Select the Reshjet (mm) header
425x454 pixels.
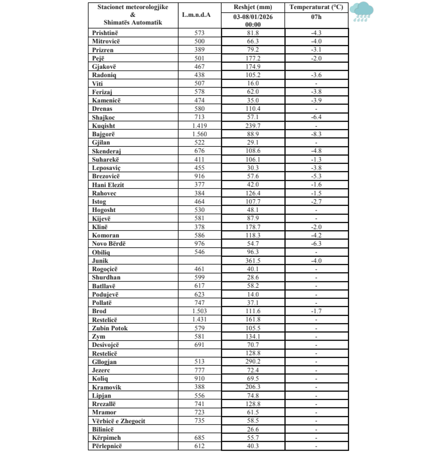coord(253,7)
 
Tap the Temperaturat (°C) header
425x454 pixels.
coord(316,7)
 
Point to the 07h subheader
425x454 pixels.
coord(316,17)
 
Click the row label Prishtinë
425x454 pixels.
coord(105,33)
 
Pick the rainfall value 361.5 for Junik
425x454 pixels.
coord(253,261)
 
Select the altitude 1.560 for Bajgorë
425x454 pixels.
coord(199,134)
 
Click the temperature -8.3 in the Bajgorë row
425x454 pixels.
coord(316,134)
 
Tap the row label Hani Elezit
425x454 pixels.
coord(108,185)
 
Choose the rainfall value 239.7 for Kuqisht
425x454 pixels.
coord(253,126)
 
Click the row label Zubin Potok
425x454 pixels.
coord(110,328)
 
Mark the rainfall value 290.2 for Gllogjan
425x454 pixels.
coord(253,361)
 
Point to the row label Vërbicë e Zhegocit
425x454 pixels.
coord(118,421)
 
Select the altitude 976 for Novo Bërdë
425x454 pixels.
coord(199,244)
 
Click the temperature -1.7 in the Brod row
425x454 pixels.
coord(316,311)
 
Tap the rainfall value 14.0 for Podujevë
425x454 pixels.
coord(253,294)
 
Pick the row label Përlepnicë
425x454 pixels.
coord(110,446)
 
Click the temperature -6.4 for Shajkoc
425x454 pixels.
coord(316,117)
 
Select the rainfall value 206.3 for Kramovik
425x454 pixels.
coord(253,387)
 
